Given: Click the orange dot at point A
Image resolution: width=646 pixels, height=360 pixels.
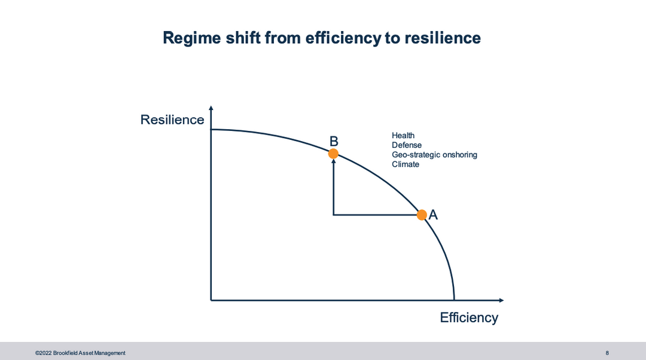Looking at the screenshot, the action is pos(422,215).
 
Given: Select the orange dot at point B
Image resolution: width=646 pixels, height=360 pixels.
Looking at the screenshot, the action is pos(333,154).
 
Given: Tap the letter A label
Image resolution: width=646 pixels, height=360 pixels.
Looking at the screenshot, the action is pos(433,215).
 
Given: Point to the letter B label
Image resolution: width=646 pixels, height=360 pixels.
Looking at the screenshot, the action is pos(334,141).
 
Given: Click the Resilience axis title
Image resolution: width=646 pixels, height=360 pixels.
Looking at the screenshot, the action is pos(172,120).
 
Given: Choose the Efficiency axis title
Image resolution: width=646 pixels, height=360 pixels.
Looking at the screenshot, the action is pos(469,317).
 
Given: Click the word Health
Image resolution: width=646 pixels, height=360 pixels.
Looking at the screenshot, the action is pos(403,136).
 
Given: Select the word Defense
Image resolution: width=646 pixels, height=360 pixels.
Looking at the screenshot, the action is pos(407,145).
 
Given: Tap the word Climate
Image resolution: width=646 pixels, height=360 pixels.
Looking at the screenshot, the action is pos(406,164).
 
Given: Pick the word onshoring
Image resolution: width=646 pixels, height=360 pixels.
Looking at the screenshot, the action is pos(460,155).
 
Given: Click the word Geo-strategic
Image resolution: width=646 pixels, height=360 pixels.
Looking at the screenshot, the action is pos(416,155).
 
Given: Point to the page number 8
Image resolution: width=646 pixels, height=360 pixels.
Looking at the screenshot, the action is pos(607,353).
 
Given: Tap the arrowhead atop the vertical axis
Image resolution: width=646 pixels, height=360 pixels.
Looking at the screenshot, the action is pos(211,108).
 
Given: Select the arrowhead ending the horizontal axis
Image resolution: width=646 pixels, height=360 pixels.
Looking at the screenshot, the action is pos(501,300).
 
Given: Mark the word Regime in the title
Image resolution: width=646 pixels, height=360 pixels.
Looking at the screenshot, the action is pos(192,38).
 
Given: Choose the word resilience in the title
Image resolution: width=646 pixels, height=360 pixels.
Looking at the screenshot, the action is pos(443,38).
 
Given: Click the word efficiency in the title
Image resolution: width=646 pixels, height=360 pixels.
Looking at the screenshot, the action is pos(343,38).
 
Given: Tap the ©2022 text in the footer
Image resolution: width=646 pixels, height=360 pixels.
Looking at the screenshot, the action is pos(43,353).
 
